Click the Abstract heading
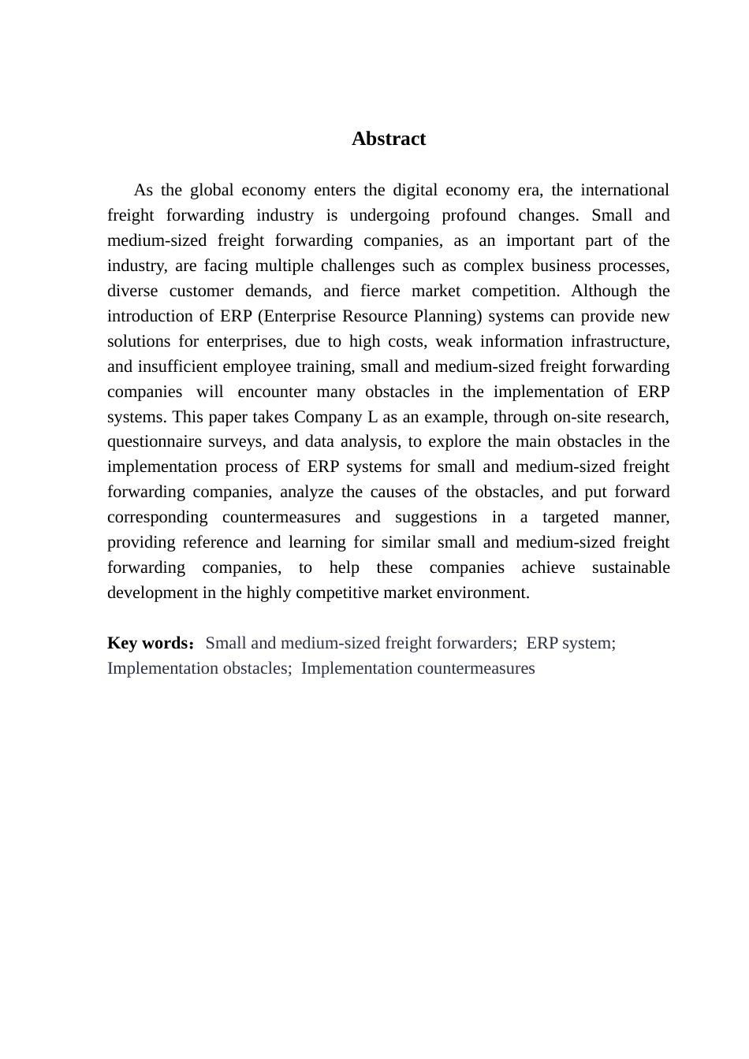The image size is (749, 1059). pyautogui.click(x=389, y=139)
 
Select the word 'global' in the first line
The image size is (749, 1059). pyautogui.click(x=212, y=190)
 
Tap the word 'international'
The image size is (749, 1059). pyautogui.click(x=624, y=190)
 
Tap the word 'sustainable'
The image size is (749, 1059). pyautogui.click(x=631, y=567)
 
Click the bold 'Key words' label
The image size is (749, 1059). pyautogui.click(x=147, y=643)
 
